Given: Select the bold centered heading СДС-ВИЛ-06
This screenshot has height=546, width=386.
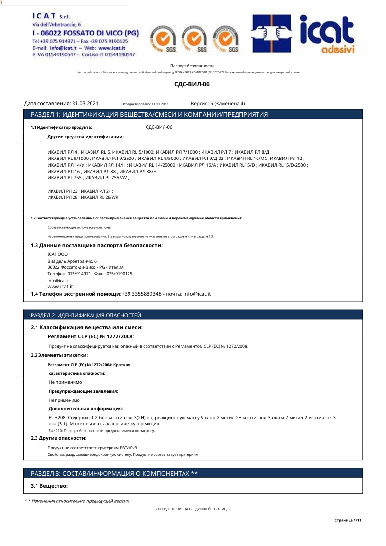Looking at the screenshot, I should coord(192,84).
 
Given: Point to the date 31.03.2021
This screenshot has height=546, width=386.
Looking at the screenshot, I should coord(85,103).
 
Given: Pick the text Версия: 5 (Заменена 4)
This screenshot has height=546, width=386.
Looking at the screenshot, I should coord(218,103).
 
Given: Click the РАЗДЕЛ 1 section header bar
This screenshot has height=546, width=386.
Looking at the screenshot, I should coord(193,114).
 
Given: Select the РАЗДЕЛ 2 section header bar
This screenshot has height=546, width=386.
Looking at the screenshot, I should coord(193,315).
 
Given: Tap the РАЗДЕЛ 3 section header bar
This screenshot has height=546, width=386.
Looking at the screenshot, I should coord(193,473).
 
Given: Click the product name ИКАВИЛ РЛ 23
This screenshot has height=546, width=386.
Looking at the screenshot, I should coord(62,191).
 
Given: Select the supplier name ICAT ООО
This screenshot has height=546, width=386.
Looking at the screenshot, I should coord(57,254).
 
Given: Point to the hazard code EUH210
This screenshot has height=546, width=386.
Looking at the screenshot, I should coord(55,431).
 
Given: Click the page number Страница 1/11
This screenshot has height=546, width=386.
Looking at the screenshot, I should coord(348,520).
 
